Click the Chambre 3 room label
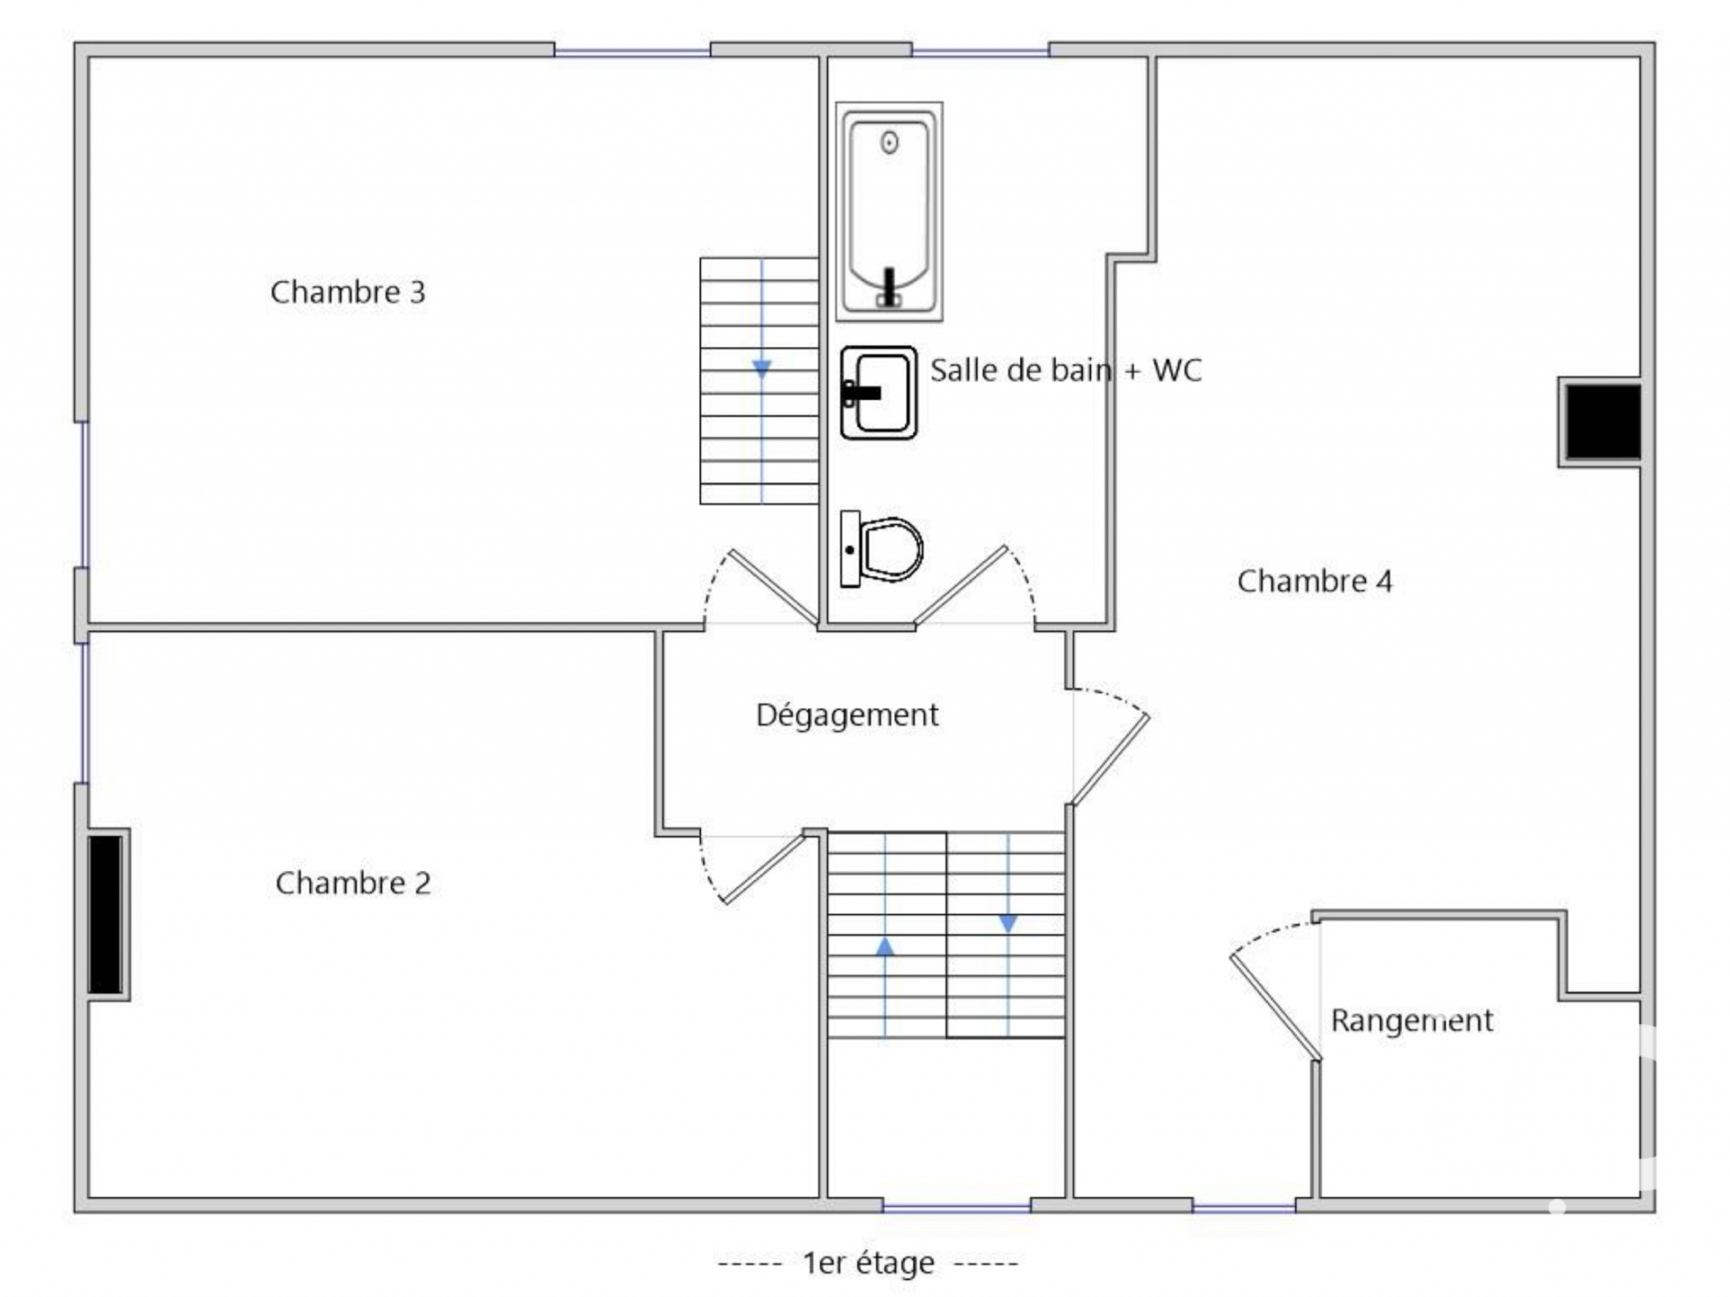[348, 292]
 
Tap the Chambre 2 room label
[353, 883]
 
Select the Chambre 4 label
[1315, 581]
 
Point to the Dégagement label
[847, 715]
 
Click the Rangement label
[1412, 1020]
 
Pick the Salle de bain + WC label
[1066, 370]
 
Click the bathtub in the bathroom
[889, 212]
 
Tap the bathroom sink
[879, 393]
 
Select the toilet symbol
[882, 549]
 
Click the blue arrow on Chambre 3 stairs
[762, 368]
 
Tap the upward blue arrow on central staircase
[885, 946]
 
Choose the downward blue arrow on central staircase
[1008, 924]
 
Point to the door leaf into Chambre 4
[1110, 759]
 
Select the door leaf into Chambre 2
[763, 868]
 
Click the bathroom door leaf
[960, 585]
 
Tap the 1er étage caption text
[868, 1263]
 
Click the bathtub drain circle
[890, 142]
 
